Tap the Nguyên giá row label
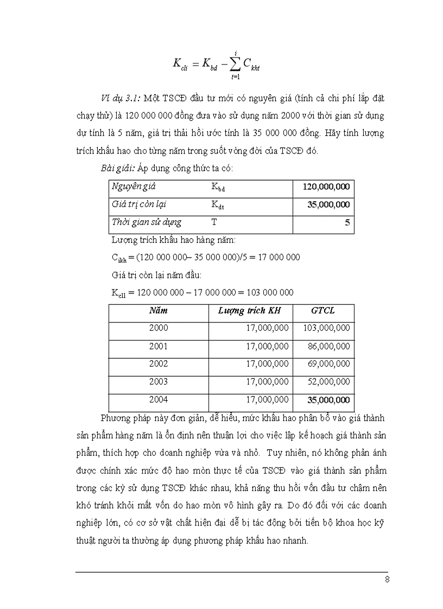(134, 187)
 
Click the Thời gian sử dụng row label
(146, 222)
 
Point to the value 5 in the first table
(347, 222)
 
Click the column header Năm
(159, 311)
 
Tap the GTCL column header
(323, 311)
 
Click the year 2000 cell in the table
(159, 328)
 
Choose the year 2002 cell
(159, 364)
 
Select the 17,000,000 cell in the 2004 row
(267, 400)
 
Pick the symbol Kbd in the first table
(218, 187)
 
